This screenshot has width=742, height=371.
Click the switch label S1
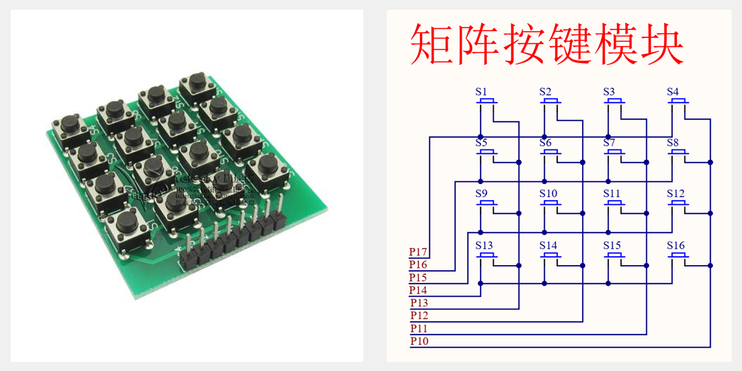coord(481,92)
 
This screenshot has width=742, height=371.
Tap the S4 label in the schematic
coord(673,92)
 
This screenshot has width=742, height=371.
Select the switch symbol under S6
coord(551,153)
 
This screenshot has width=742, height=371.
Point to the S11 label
coord(612,194)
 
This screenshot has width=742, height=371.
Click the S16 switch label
coord(676,246)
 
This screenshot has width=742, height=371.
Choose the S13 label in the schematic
coord(485,246)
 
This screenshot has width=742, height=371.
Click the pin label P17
coord(418,252)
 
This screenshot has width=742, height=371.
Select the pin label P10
coord(419,341)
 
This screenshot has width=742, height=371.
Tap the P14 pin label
coord(418,291)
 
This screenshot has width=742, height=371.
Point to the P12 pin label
coord(419,315)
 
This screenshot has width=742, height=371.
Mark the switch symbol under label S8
coord(679,153)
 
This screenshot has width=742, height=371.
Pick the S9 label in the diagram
coord(481,194)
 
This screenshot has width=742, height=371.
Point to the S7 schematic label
coord(609,143)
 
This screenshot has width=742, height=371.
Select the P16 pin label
coord(418,265)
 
